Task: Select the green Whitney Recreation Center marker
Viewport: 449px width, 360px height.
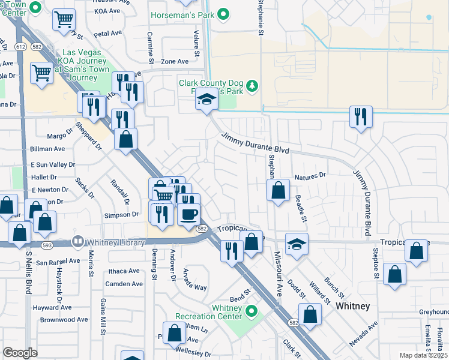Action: (252, 311)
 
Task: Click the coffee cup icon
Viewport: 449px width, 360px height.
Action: (188, 214)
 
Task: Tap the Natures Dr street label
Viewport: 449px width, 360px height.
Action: (309, 177)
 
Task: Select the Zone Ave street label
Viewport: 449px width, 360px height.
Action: (175, 61)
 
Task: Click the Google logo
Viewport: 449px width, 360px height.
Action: (20, 353)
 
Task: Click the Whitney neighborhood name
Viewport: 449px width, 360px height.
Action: (352, 306)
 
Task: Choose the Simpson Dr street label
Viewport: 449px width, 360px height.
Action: (122, 215)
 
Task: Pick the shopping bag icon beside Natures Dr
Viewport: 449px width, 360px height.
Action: (278, 191)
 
